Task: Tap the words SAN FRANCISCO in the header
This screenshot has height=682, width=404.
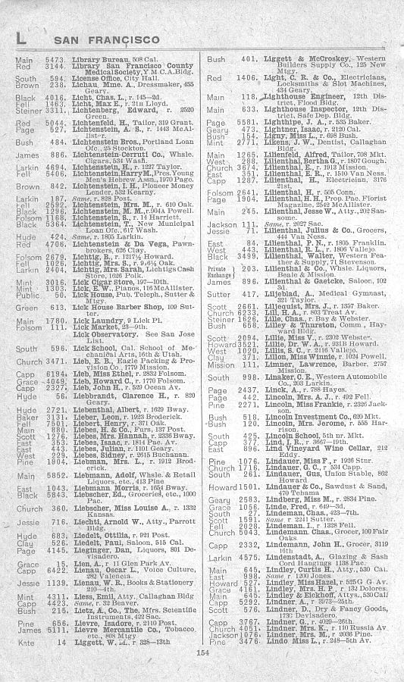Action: pos(95,39)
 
